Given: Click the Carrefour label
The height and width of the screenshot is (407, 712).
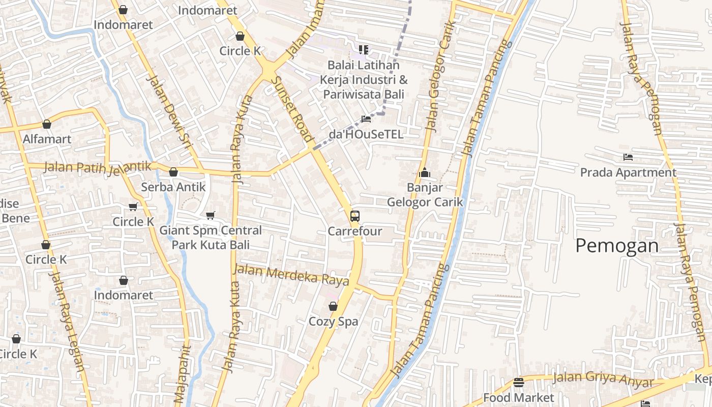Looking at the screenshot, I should coord(354,231).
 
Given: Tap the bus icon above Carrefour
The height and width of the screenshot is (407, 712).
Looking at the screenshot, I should coord(355,216).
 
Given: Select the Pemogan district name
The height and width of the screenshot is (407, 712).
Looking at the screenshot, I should coord(617,246).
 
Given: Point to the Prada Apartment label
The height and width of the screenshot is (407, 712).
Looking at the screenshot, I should coord(628,173).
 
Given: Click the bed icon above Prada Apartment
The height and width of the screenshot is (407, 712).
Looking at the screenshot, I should coord(628,157).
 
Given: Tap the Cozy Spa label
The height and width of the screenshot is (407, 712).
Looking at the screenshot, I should coord(333,322).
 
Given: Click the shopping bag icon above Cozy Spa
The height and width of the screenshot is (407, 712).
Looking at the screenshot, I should coord(333,306).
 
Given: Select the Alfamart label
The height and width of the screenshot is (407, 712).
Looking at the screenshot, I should coord(47,139).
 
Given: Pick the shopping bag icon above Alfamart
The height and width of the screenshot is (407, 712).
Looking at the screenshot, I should coord(47,124).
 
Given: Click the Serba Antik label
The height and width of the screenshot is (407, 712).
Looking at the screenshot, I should coord(173,187).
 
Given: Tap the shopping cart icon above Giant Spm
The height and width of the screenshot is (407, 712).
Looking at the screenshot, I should coord(211,215).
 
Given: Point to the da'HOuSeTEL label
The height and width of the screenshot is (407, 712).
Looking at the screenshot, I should coord(366,134).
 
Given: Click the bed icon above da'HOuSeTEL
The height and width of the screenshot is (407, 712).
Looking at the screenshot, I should coord(366,119).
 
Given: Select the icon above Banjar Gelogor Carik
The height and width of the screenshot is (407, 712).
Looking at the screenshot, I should coord(425,173).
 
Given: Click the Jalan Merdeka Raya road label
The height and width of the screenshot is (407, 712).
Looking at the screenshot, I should coord(291,275).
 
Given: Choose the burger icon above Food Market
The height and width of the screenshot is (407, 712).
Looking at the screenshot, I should coord(518,382).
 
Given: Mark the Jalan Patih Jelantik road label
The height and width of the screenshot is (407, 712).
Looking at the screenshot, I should coord(98,167).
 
